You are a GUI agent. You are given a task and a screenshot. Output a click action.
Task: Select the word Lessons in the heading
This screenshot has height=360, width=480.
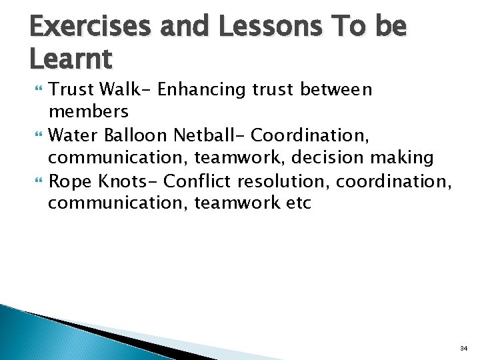click(x=251, y=27)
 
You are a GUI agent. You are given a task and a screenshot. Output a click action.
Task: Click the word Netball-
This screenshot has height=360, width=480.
click(x=209, y=137)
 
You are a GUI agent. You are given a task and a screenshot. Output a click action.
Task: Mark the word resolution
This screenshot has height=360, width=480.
click(x=279, y=181)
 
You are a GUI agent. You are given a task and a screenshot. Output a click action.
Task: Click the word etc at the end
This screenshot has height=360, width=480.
click(x=297, y=203)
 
